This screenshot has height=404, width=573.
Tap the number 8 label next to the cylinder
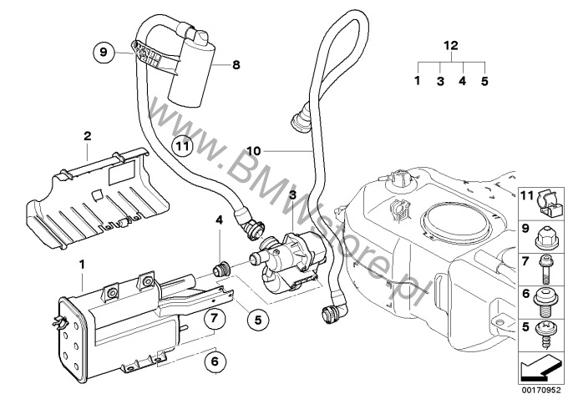[x=236, y=63]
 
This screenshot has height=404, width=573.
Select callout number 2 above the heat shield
[x=87, y=135]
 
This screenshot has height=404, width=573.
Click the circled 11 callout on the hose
[x=183, y=144]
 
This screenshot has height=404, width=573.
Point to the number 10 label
[x=254, y=151]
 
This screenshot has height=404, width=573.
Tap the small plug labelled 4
[x=223, y=271]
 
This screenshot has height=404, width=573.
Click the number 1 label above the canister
[x=82, y=264]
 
